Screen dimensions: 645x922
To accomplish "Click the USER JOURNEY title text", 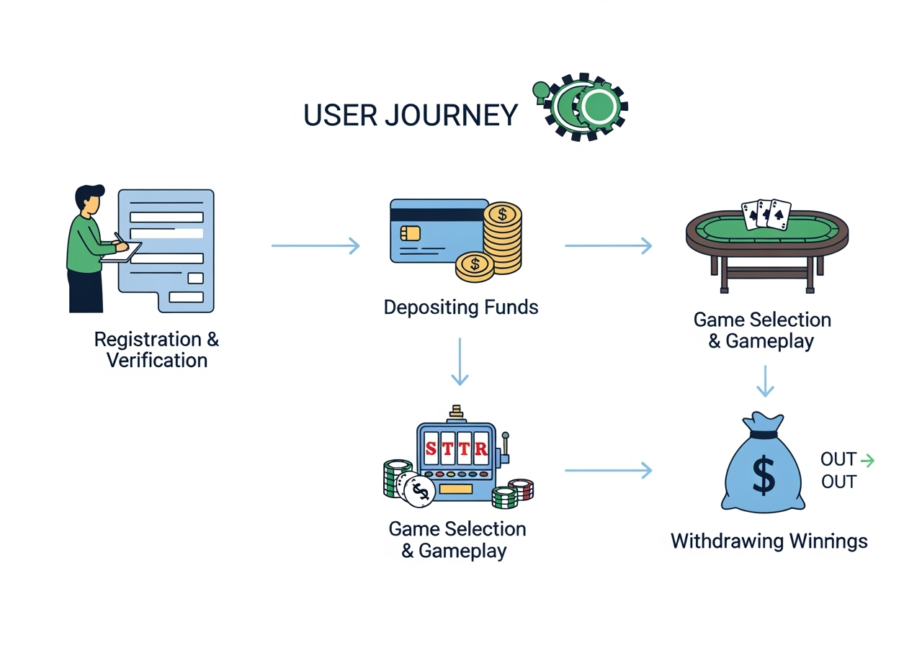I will (411, 115).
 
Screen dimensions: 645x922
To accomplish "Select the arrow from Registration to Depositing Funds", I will (315, 246).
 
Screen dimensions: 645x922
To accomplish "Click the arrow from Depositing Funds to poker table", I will (608, 246).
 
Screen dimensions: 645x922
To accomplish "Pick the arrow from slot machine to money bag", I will (608, 471).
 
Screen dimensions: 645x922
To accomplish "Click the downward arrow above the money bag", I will (765, 382).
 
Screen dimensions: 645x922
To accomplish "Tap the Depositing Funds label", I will (461, 307).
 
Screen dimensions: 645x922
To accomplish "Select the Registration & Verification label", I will (157, 349).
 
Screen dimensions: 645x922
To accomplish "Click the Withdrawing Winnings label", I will (769, 541).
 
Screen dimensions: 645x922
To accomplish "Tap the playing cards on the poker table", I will (766, 214).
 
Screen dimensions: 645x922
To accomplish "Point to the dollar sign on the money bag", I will (764, 476).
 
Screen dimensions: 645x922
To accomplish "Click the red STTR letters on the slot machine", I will (456, 448).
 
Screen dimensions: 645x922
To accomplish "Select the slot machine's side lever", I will (505, 446).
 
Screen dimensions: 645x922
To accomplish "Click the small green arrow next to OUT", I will (867, 460).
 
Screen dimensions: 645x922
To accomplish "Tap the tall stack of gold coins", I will (503, 238).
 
